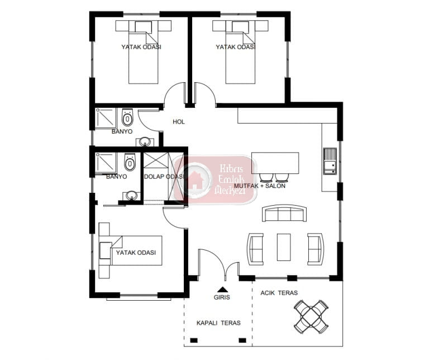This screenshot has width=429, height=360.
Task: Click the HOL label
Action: (179, 122)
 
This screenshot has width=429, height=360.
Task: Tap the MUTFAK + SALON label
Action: (260, 186)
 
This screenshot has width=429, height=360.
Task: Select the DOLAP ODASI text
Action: (164, 177)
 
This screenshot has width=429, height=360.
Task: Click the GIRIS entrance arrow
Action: (222, 289)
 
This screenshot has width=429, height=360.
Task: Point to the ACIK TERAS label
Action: (279, 293)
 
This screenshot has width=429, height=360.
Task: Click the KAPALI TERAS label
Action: (218, 323)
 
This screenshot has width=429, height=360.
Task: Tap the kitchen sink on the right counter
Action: (330, 161)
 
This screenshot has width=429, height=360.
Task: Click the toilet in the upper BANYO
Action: (127, 117)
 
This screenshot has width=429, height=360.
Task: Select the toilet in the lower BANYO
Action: (130, 162)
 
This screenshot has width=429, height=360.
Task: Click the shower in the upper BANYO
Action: (106, 119)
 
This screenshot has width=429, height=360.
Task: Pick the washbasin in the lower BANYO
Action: (132, 196)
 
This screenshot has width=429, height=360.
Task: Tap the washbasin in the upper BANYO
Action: (144, 142)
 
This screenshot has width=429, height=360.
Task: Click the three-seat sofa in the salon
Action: (284, 213)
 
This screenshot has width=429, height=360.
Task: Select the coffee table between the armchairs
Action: (284, 247)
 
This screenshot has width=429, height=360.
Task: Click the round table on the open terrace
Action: (311, 316)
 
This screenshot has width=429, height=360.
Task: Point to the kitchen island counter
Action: (275, 163)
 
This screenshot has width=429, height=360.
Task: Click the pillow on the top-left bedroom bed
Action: (144, 27)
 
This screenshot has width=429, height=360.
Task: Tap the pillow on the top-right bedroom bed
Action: (240, 27)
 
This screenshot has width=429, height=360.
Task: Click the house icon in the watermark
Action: (195, 181)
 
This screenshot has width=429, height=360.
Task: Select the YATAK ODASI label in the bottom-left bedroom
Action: (136, 253)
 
